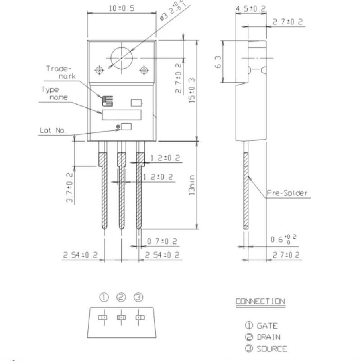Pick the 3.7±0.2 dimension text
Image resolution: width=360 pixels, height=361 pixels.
point(69,187)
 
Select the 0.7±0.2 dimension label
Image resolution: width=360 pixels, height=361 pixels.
point(162,241)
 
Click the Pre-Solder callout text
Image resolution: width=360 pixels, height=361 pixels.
point(287,193)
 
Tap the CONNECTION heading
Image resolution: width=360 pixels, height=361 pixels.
point(260,301)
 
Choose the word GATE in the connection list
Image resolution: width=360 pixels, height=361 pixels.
point(267,326)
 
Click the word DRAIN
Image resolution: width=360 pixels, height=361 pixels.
point(268,337)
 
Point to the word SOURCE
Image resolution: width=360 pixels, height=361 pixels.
point(272,349)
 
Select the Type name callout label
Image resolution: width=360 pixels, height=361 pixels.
point(54,93)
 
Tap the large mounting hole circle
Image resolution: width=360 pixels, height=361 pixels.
point(121,59)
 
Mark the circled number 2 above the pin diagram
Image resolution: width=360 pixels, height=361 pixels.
point(121,297)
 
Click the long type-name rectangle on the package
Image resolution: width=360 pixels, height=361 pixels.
point(121,115)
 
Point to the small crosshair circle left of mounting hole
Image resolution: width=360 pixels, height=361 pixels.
point(98,71)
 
